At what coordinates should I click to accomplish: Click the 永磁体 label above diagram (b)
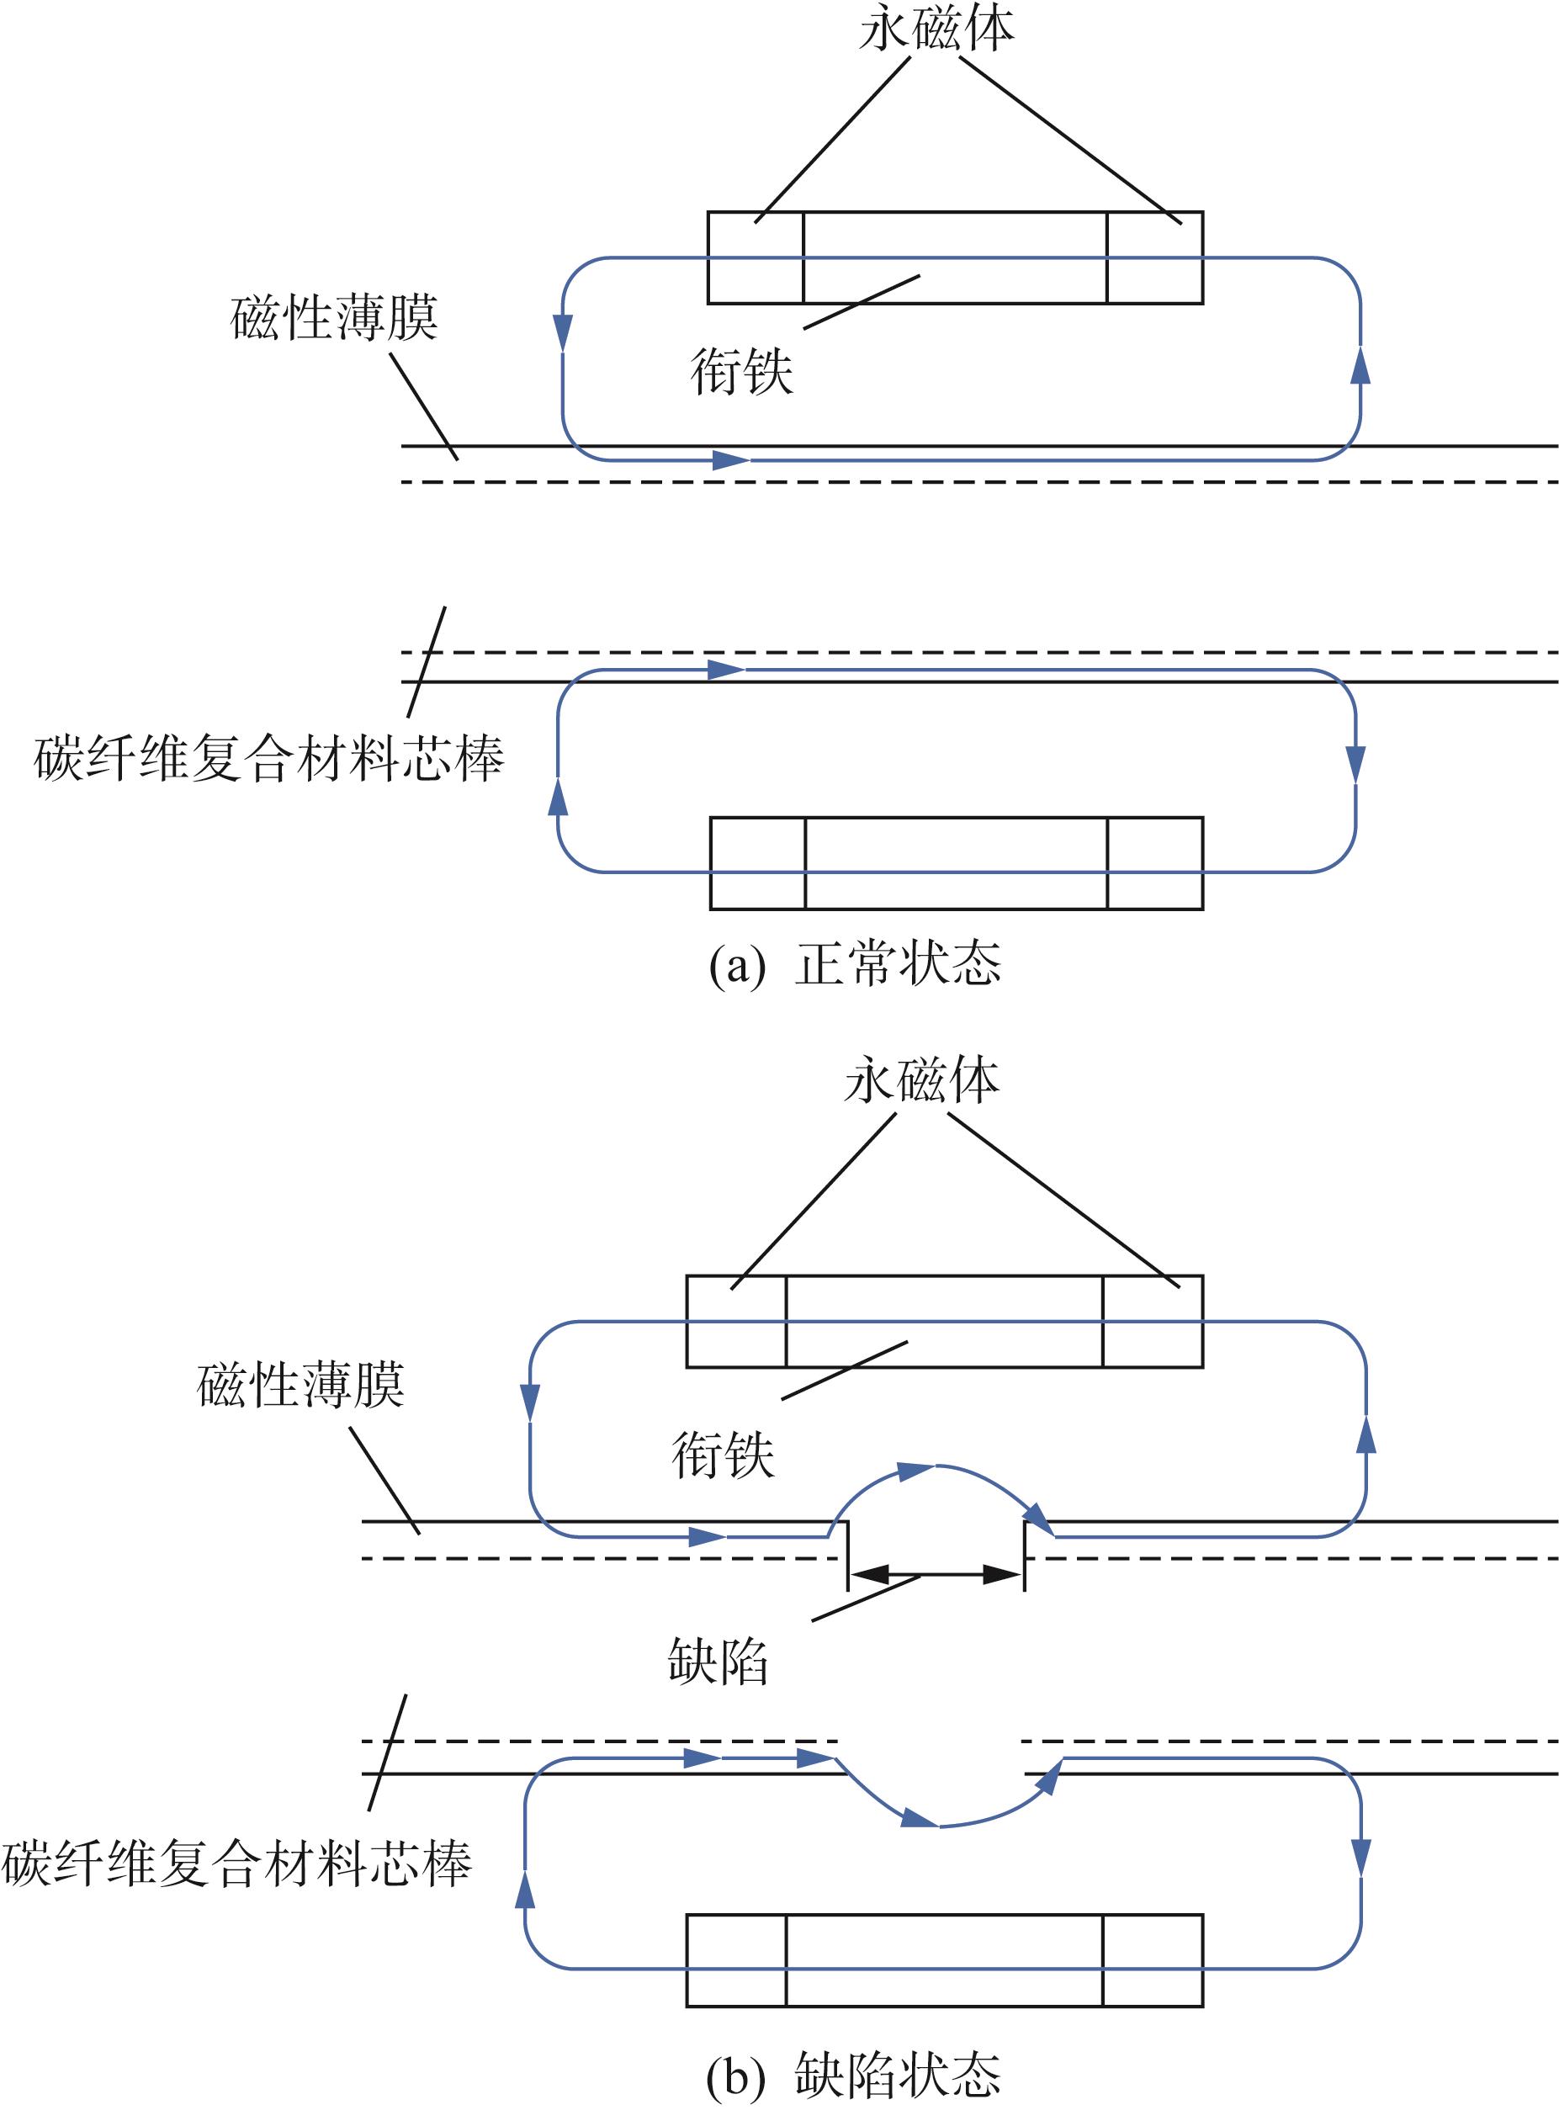click(x=922, y=1080)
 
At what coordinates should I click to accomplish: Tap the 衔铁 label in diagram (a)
click(x=742, y=371)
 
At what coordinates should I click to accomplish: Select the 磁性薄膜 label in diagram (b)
click(x=301, y=1386)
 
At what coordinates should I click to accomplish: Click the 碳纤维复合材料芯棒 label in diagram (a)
click(x=269, y=758)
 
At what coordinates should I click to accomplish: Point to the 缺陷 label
click(x=719, y=1688)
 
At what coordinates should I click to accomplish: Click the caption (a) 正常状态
click(x=855, y=963)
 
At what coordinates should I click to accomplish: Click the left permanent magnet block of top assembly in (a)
click(x=756, y=257)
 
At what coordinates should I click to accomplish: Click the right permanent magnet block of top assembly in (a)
click(x=1155, y=257)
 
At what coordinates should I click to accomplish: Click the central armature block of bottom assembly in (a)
click(x=956, y=863)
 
